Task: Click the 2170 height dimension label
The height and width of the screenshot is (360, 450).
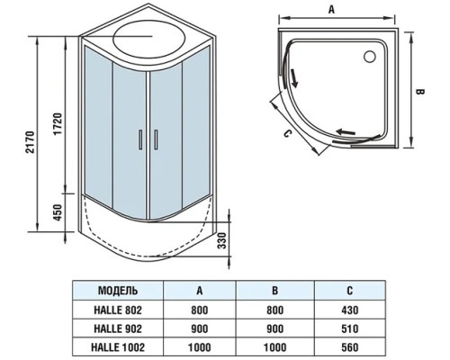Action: (31, 142)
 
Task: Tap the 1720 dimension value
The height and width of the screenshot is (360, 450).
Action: (58, 123)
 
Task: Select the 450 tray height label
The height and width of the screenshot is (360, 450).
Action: (58, 212)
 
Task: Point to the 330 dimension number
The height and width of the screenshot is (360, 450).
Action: (222, 240)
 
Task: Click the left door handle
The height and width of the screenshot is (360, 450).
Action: (140, 139)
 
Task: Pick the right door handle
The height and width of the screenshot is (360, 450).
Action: (156, 139)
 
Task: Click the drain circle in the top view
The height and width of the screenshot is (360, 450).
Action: (370, 57)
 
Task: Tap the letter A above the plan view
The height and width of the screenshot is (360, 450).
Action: (331, 9)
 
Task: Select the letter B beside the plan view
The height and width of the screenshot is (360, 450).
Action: (420, 92)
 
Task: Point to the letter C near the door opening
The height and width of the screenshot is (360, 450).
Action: (287, 134)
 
